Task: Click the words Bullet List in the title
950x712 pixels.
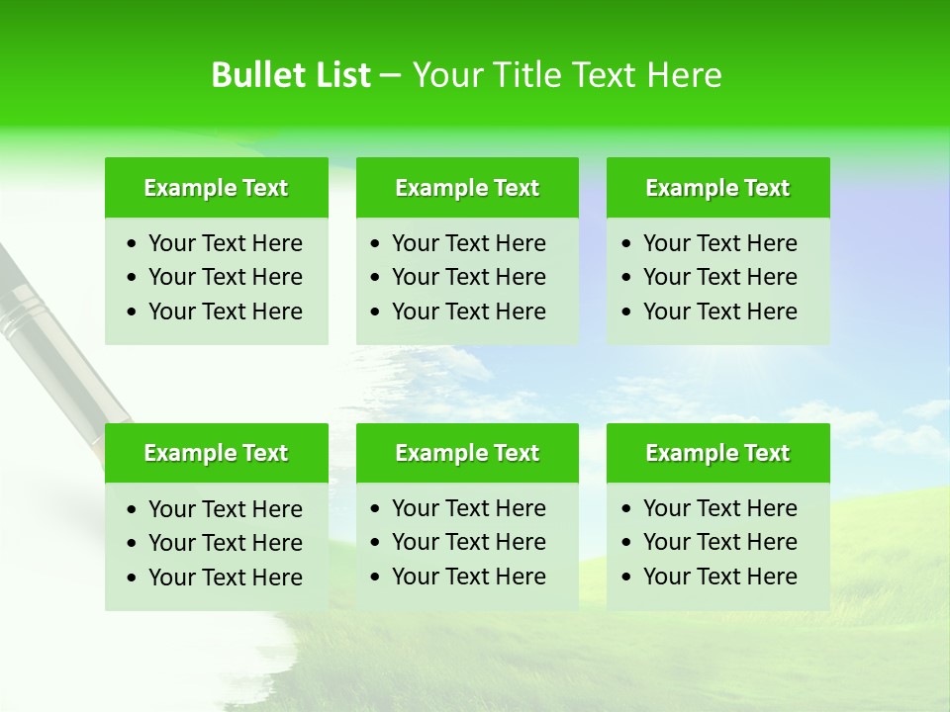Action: (291, 75)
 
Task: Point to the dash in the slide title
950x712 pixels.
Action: (391, 76)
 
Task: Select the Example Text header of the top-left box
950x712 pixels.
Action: (216, 188)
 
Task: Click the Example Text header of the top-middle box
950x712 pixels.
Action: (467, 188)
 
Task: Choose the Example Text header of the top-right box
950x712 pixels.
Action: (717, 188)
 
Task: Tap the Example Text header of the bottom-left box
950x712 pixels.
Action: (216, 453)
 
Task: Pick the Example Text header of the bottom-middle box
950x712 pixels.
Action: (467, 453)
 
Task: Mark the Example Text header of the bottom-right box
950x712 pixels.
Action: (717, 453)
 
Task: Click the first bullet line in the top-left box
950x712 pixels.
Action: (225, 243)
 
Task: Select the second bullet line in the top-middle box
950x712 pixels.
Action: (468, 277)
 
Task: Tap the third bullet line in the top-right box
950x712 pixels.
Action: (719, 311)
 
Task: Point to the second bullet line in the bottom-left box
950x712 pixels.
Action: (225, 543)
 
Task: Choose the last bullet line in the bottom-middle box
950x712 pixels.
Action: (468, 577)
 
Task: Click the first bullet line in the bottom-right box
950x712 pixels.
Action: (719, 508)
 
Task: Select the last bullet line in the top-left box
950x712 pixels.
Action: (225, 311)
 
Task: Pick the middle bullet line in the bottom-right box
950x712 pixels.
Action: (719, 542)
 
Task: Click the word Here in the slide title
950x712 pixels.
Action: (684, 75)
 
